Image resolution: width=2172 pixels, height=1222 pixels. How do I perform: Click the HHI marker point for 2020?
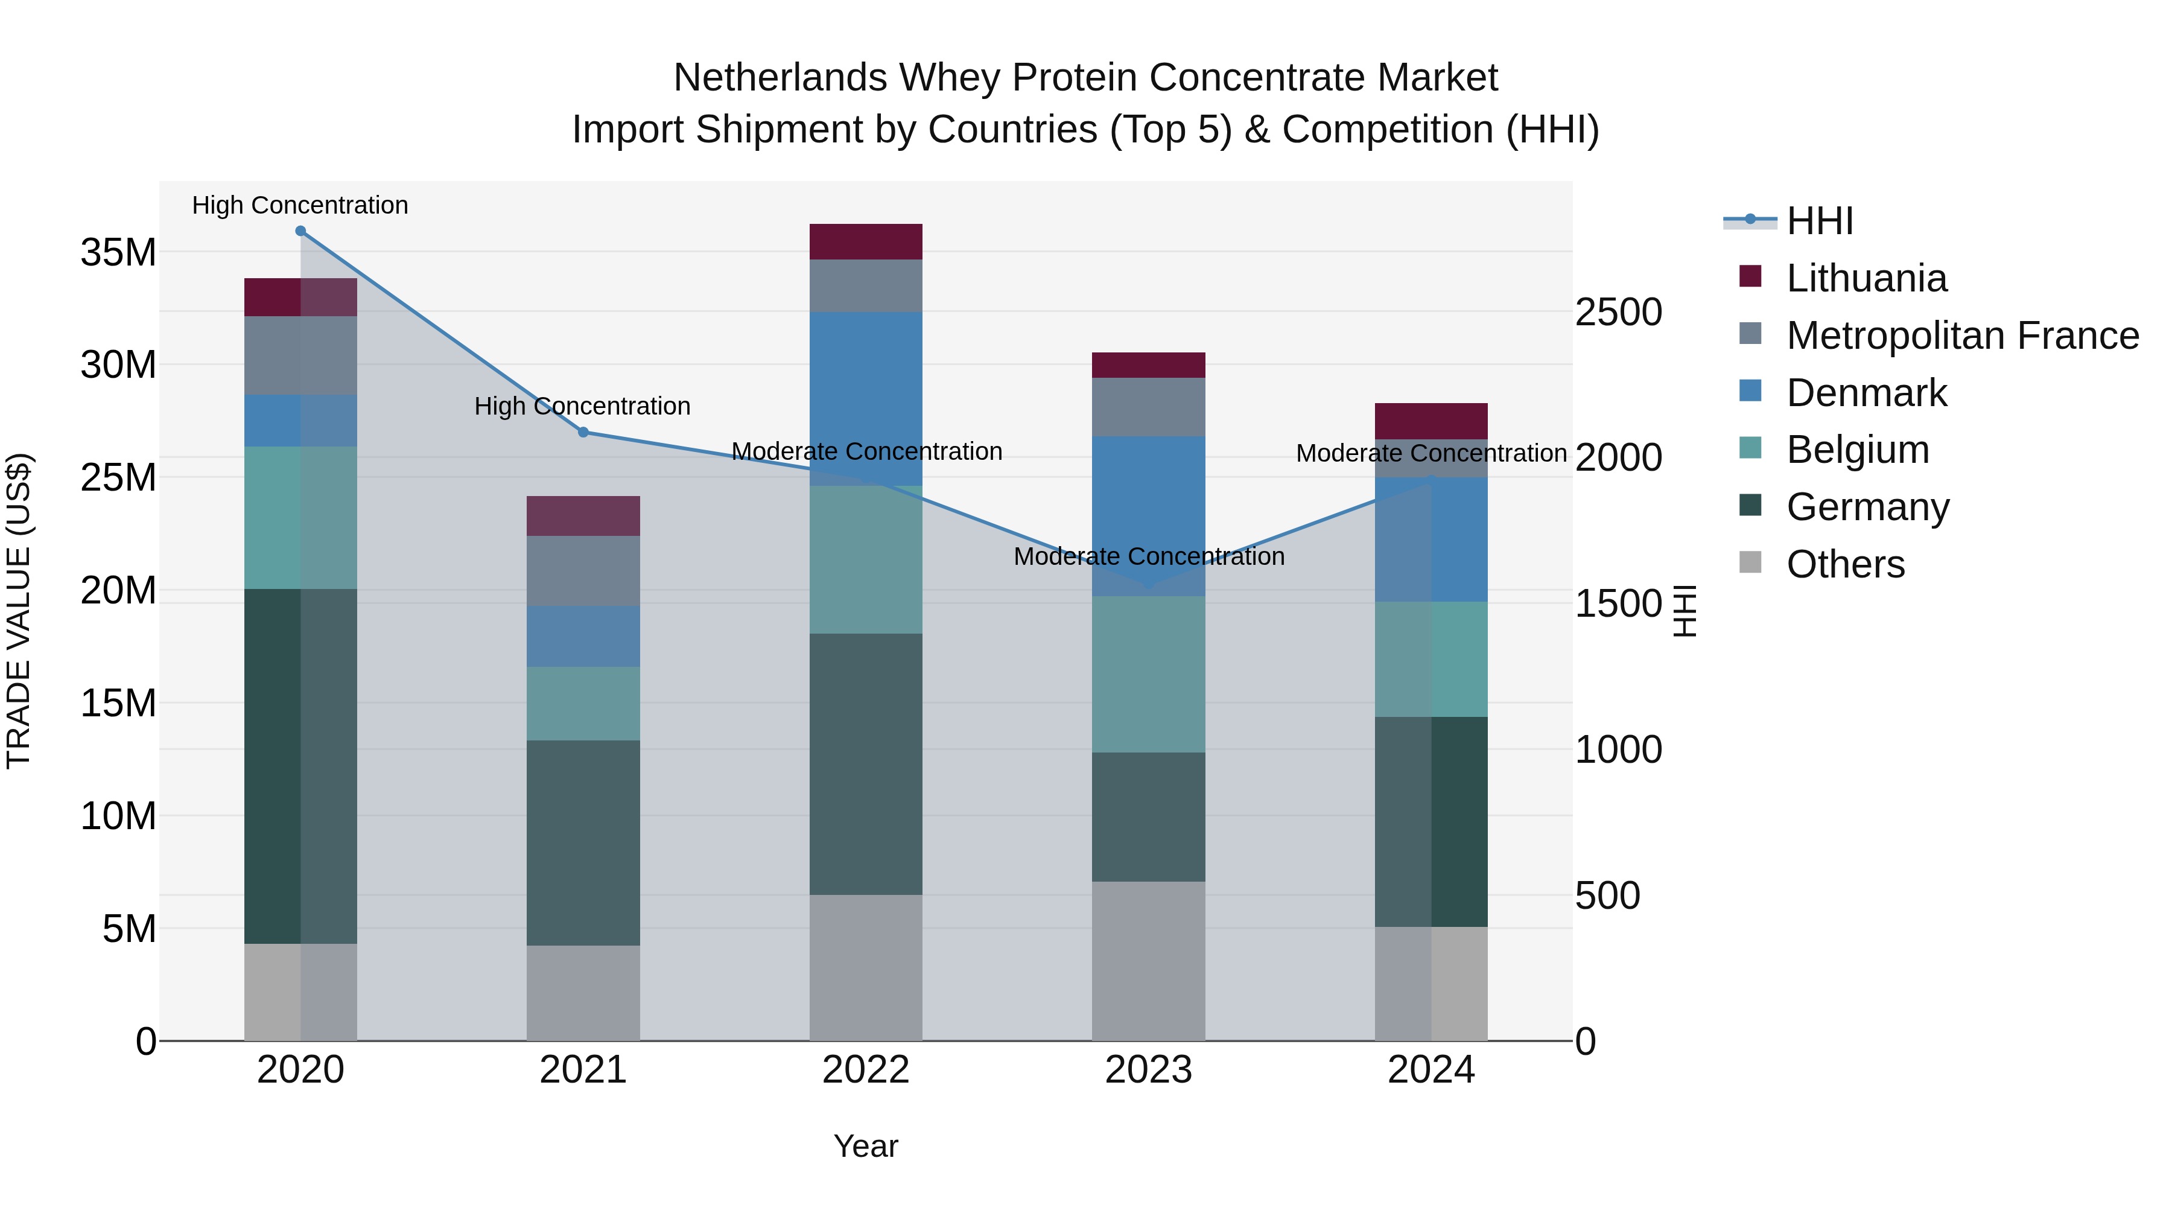tap(300, 231)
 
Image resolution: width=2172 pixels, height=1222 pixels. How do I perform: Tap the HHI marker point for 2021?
tap(583, 432)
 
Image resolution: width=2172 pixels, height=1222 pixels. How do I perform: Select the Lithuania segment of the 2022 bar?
tap(865, 242)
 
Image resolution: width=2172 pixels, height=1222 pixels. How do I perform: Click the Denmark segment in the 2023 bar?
tap(1148, 515)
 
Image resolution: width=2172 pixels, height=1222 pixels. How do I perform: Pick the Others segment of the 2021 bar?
tap(583, 993)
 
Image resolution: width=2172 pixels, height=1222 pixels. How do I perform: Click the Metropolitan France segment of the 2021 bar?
tap(583, 570)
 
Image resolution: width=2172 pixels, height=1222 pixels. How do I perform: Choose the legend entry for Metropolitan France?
tap(1962, 335)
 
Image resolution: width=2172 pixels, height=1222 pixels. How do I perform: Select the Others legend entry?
tap(1845, 564)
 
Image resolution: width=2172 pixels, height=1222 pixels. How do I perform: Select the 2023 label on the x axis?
tap(1148, 1070)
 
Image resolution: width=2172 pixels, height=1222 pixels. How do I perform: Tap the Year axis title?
tap(865, 1146)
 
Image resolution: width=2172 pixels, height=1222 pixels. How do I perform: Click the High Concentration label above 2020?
tap(300, 205)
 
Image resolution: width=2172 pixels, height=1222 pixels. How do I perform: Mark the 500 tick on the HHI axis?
tap(1607, 895)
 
